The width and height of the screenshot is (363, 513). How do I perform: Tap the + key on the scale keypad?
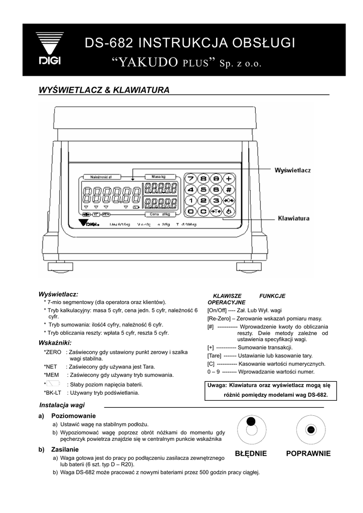point(229,178)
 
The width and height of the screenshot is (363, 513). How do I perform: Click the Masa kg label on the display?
point(159,176)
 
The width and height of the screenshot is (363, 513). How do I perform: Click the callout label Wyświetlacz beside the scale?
point(292,170)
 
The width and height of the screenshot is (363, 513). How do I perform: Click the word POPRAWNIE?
point(308,453)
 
